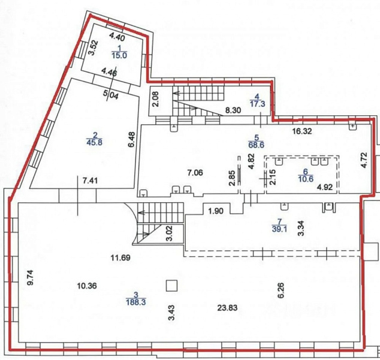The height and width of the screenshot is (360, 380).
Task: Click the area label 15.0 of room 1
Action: tap(119, 56)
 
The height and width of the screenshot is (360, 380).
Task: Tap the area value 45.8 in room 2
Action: tap(94, 142)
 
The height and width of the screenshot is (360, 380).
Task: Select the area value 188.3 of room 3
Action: tap(135, 302)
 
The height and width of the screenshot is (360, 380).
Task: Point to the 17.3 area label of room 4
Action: tap(257, 104)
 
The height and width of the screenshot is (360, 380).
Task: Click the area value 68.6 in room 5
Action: tap(256, 145)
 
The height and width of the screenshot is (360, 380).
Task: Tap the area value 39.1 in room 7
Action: tap(279, 229)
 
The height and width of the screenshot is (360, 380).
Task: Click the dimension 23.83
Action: tap(227, 308)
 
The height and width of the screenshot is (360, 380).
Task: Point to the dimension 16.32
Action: tap(301, 131)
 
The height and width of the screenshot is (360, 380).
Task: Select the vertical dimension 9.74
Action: tap(31, 277)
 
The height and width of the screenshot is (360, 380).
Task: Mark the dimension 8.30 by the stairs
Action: tap(233, 110)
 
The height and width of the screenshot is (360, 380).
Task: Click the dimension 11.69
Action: tap(120, 257)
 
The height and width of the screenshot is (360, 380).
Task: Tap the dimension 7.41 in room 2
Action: tap(90, 181)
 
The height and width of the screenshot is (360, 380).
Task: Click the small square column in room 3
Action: tap(171, 286)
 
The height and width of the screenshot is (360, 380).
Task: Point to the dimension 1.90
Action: tap(216, 211)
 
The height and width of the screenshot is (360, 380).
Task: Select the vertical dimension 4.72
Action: tap(364, 160)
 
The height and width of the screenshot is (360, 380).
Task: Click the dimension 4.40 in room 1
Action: tap(117, 37)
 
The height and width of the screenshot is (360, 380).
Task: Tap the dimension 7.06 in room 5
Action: tap(195, 173)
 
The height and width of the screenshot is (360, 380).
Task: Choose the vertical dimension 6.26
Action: tap(282, 290)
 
